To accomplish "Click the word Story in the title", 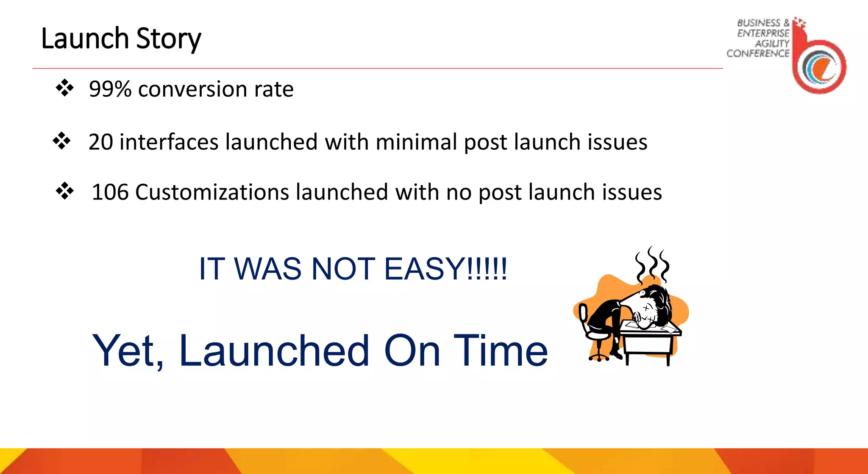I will (x=169, y=39).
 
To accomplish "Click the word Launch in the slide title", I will (x=85, y=39).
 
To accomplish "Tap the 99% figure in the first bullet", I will (x=110, y=89).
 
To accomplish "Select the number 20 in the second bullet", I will (x=100, y=142).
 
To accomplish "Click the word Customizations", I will (x=212, y=192).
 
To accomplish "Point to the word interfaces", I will (x=169, y=142).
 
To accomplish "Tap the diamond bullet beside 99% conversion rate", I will (x=64, y=88).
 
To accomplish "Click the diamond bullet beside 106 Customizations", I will (x=64, y=191).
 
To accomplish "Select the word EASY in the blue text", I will (x=424, y=269).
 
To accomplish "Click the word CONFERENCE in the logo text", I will (x=758, y=53).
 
